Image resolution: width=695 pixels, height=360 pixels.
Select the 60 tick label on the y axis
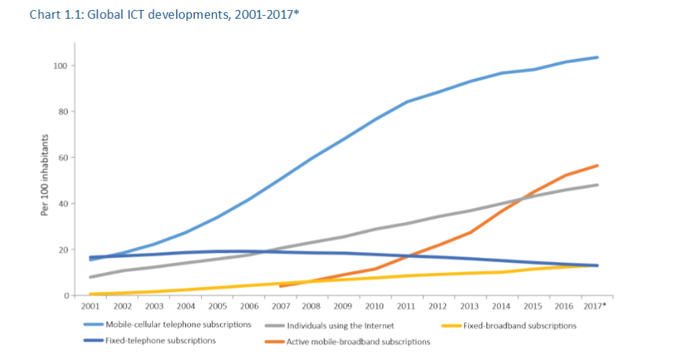pyautogui.click(x=63, y=158)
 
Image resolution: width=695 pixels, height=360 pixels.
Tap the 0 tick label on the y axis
pyautogui.click(x=65, y=296)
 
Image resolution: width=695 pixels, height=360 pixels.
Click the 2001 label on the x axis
pyautogui.click(x=91, y=306)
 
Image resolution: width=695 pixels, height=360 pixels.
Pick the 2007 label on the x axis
pyautogui.click(x=280, y=306)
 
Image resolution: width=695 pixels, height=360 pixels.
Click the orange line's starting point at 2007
pyautogui.click(x=280, y=286)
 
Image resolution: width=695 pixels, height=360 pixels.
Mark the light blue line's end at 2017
pyautogui.click(x=597, y=57)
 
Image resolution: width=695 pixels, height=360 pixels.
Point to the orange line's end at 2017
pyautogui.click(x=597, y=165)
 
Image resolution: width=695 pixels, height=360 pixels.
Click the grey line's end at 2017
pyautogui.click(x=597, y=185)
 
